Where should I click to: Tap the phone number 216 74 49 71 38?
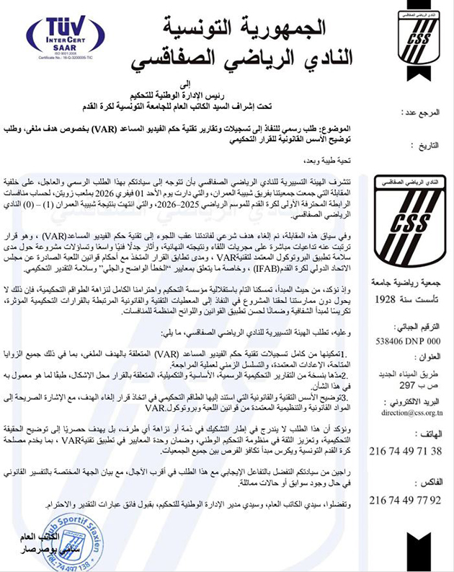point(407,451)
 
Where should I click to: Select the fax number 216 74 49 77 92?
point(407,500)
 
